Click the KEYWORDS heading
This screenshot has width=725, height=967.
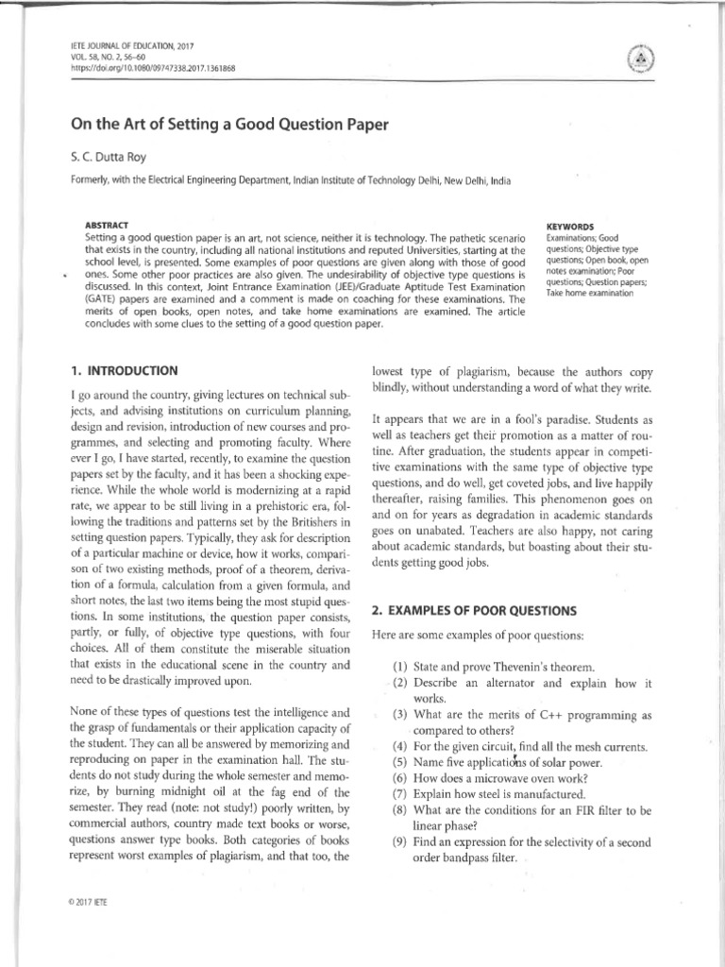[x=570, y=228]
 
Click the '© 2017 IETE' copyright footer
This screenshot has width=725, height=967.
[x=81, y=902]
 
